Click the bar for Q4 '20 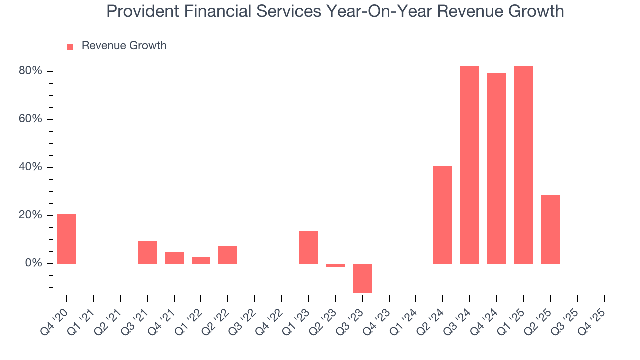[67, 239]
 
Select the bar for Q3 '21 [147, 252]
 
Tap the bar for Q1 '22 [201, 260]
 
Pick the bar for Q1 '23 [308, 247]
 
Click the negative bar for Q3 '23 [362, 278]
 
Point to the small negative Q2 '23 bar [335, 265]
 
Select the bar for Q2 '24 [443, 215]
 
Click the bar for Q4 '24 [496, 168]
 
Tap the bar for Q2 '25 [550, 229]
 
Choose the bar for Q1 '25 [523, 165]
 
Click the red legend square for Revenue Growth [70, 47]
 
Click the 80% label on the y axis [30, 71]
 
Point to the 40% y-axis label [30, 167]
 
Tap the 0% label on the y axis [34, 263]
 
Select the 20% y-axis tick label [30, 215]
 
